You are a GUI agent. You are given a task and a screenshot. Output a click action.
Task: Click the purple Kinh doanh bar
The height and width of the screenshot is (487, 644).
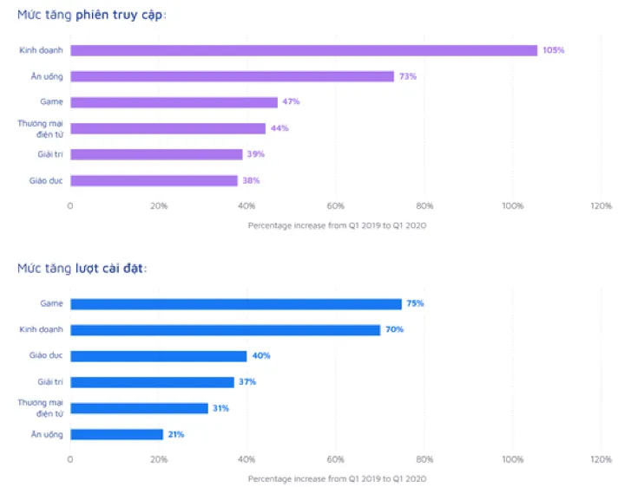pyautogui.click(x=304, y=50)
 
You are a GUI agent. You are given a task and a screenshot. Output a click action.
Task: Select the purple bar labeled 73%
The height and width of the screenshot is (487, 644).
pyautogui.click(x=232, y=76)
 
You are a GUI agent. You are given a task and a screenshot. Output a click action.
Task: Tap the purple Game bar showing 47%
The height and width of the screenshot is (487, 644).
pyautogui.click(x=174, y=102)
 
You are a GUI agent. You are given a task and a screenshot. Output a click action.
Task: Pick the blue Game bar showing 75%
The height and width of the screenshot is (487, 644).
pyautogui.click(x=236, y=304)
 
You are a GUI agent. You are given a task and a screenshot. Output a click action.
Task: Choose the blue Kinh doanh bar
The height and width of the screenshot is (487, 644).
pyautogui.click(x=226, y=330)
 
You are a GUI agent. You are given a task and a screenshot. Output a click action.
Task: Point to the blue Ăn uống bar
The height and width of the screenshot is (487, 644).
pyautogui.click(x=116, y=434)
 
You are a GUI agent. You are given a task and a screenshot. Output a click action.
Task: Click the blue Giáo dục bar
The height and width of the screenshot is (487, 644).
pyautogui.click(x=159, y=356)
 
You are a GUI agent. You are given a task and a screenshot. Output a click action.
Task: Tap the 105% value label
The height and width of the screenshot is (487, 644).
pyautogui.click(x=554, y=50)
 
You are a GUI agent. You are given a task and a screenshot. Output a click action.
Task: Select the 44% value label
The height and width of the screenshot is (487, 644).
pyautogui.click(x=279, y=128)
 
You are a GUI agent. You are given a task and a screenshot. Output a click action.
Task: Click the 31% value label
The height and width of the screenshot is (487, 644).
pyautogui.click(x=221, y=408)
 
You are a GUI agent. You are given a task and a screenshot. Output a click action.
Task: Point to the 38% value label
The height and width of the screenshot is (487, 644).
pyautogui.click(x=251, y=180)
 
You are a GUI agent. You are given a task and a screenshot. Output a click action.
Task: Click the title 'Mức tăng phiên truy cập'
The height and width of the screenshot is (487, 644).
pyautogui.click(x=92, y=16)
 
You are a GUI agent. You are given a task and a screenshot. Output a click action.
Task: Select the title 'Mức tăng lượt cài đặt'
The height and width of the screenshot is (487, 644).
pyautogui.click(x=82, y=269)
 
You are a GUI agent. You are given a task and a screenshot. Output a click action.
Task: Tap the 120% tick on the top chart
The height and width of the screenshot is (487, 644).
pyautogui.click(x=601, y=205)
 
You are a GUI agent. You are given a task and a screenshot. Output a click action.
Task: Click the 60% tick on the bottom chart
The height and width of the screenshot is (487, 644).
pyautogui.click(x=336, y=459)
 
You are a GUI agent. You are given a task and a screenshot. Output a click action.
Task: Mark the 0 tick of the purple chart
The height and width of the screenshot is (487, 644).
pyautogui.click(x=70, y=205)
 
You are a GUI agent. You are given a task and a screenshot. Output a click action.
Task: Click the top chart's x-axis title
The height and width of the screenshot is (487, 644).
pyautogui.click(x=338, y=225)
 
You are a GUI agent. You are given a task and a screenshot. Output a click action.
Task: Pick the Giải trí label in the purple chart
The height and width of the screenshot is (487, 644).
pyautogui.click(x=50, y=154)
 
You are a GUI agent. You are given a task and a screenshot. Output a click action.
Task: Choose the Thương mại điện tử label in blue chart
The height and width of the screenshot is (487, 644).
pyautogui.click(x=41, y=408)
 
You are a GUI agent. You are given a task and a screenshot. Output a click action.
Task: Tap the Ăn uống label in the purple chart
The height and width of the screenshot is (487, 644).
pyautogui.click(x=47, y=76)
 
